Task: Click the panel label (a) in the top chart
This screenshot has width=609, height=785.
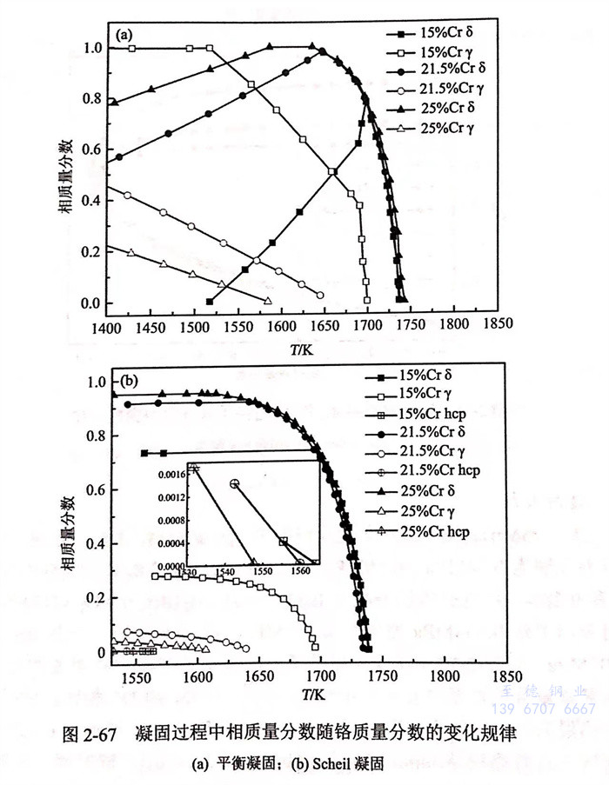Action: click(x=124, y=37)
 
